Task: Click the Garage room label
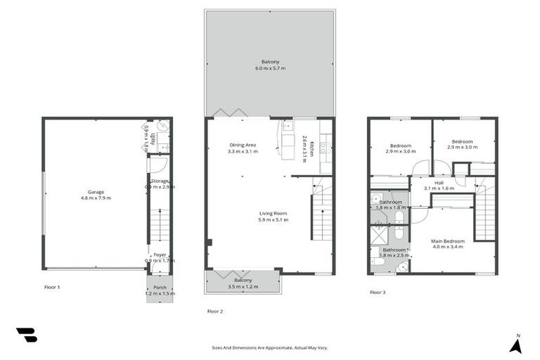(x=96, y=192)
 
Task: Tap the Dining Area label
(x=243, y=146)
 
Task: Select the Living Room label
(x=273, y=214)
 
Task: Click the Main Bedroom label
(x=447, y=241)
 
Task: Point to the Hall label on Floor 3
(x=439, y=183)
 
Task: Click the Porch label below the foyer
(x=160, y=288)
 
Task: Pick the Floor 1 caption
(x=52, y=287)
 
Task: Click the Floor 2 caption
(x=214, y=311)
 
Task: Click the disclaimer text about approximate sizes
(x=270, y=347)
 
